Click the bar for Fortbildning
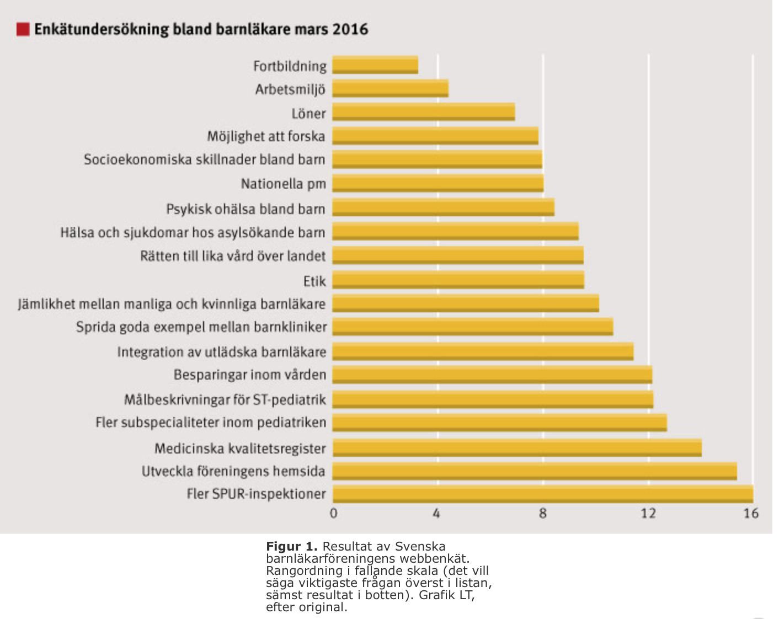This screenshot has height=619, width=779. (x=375, y=65)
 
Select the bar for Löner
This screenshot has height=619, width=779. (x=424, y=112)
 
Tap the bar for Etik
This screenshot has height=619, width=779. (x=458, y=280)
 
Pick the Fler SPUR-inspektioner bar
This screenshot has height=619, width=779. (x=543, y=494)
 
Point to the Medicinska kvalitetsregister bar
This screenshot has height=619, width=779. (x=517, y=447)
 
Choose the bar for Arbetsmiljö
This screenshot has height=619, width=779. (x=390, y=88)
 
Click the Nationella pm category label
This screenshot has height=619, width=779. (x=283, y=184)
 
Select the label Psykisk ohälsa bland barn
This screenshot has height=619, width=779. (x=246, y=209)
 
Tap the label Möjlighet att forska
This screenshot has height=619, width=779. (x=266, y=136)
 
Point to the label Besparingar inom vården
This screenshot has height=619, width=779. (x=250, y=375)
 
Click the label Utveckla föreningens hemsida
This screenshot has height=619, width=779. (x=233, y=471)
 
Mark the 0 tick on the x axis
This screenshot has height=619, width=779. (x=333, y=514)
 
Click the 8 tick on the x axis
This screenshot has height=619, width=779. (x=543, y=514)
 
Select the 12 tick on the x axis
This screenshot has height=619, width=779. (x=648, y=514)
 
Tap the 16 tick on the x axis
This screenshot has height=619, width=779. (x=751, y=514)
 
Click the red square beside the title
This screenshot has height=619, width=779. (x=23, y=29)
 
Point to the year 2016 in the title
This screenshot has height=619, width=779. (x=350, y=29)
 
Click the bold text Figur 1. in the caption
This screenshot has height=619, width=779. (x=291, y=547)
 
